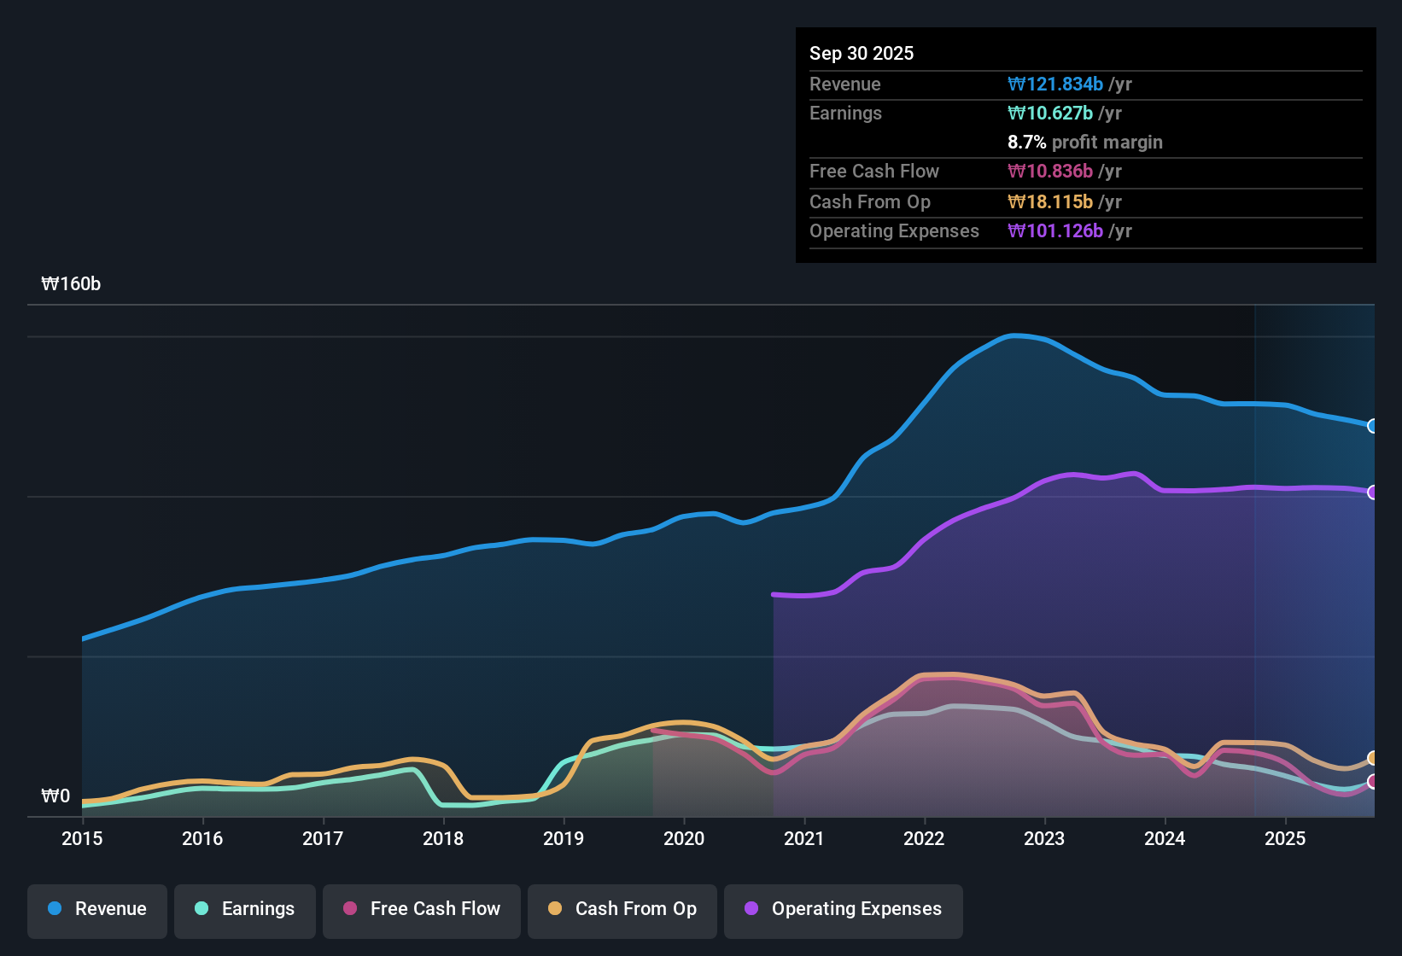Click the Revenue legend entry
pos(97,909)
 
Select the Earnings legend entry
pos(244,909)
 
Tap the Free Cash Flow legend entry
pos(422,909)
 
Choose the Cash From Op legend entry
pos(622,909)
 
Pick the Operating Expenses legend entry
pos(843,909)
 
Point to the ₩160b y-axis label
pos(71,284)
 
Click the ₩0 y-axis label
pos(55,796)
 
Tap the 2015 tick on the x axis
pos(82,839)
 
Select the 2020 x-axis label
pos(684,839)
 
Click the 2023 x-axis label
pos(1044,839)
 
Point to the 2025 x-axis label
pos(1285,839)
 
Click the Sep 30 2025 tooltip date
pos(861,54)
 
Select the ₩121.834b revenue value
pos(1055,85)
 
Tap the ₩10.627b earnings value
pos(1050,114)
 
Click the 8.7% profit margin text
pos(1084,143)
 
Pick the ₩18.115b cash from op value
pos(1050,202)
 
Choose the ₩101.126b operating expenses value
pos(1055,231)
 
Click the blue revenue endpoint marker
pos(1372,426)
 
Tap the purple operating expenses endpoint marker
pos(1372,493)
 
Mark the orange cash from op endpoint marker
pos(1372,758)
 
